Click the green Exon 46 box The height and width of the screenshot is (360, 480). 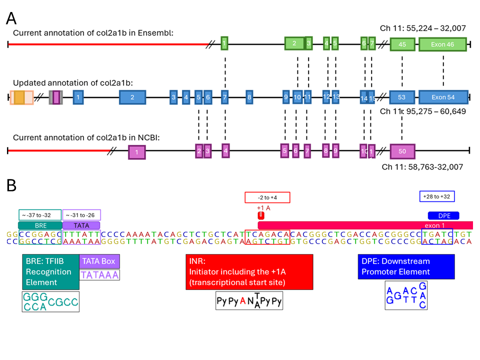coord(442,44)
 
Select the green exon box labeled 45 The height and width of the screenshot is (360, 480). coord(402,44)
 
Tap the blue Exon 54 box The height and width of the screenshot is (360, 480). coord(443,97)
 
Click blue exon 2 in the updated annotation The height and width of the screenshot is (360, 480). coord(132,97)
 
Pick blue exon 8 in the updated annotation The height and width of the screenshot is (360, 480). coord(249,97)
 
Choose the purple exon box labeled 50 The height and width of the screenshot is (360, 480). coord(402,151)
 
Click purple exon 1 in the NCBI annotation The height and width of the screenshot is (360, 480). coord(137,151)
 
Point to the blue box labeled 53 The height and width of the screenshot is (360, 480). coord(401,97)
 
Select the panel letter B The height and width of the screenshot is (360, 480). coord(11,186)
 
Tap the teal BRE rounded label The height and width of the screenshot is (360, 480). coord(39,225)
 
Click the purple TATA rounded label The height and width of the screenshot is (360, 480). coord(81,225)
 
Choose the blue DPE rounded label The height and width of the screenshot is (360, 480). coord(440,215)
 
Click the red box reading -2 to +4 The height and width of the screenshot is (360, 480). coord(267,197)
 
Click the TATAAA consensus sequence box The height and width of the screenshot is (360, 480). coord(100,274)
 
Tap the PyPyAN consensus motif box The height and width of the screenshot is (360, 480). coord(249,301)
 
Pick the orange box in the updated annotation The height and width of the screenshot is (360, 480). coord(19,97)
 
